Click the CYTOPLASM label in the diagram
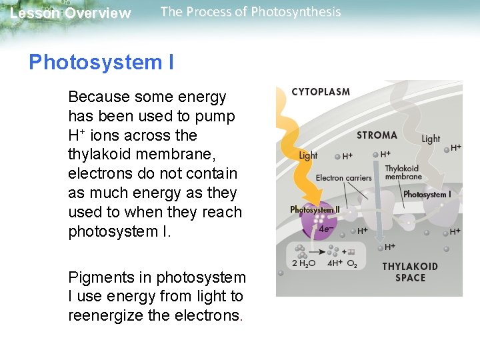[x=321, y=92]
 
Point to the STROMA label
[x=377, y=135]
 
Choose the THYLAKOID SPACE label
[x=410, y=272]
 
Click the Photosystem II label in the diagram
[x=315, y=209]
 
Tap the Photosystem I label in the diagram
[x=427, y=195]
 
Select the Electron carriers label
[x=343, y=178]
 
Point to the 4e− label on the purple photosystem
[x=326, y=229]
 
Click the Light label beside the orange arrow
[x=309, y=155]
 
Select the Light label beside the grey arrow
[x=431, y=139]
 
